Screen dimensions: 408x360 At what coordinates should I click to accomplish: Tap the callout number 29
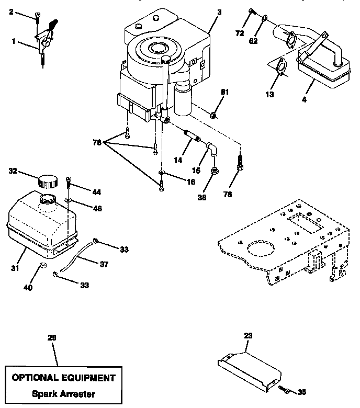(51, 337)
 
